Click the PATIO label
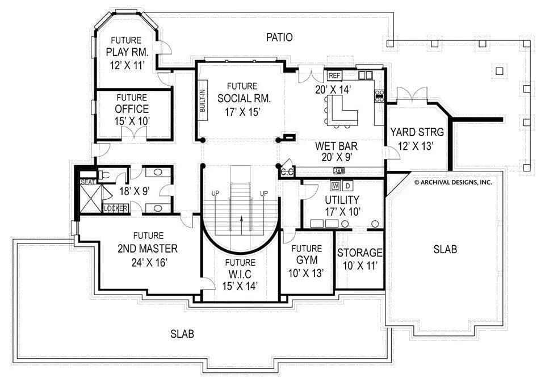pyautogui.click(x=279, y=37)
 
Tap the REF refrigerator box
pyautogui.click(x=334, y=75)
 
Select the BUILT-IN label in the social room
pyautogui.click(x=202, y=101)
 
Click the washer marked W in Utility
pyautogui.click(x=336, y=186)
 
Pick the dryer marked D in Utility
pyautogui.click(x=347, y=186)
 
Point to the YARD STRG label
pyautogui.click(x=417, y=132)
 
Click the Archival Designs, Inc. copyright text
pyautogui.click(x=453, y=182)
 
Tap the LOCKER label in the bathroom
pyautogui.click(x=116, y=208)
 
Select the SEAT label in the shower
pyautogui.click(x=88, y=182)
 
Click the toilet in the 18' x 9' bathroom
pyautogui.click(x=104, y=175)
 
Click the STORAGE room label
pyautogui.click(x=359, y=253)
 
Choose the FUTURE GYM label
pyautogui.click(x=307, y=254)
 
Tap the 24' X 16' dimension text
pyautogui.click(x=149, y=262)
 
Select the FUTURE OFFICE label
pyautogui.click(x=132, y=103)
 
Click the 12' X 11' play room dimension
pyautogui.click(x=127, y=65)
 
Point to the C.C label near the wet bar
pyautogui.click(x=287, y=172)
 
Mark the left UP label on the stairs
pyautogui.click(x=216, y=193)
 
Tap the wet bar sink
pyautogui.click(x=339, y=170)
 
